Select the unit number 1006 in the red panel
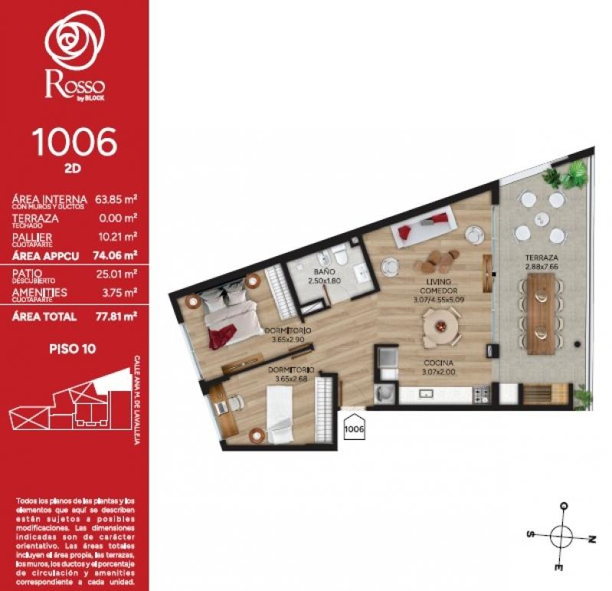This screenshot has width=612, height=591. click(74, 142)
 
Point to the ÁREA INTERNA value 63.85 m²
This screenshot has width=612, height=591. click(116, 199)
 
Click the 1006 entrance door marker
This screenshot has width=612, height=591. click(354, 428)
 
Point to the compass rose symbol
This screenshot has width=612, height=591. click(563, 537)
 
